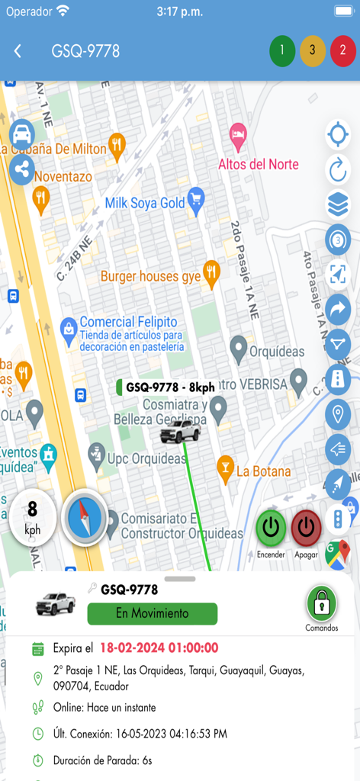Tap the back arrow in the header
pos(18,51)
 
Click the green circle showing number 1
pos(282,51)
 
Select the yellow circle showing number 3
pos(313,51)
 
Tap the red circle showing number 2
pos(343,51)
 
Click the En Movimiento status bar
pos(153,613)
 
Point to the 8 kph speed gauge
pos(33,516)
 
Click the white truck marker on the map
pos(180,432)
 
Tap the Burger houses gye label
pos(151,275)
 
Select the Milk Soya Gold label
pos(145,203)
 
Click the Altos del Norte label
pos(259,164)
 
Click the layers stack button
pos(337,204)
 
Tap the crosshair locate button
pos(337,135)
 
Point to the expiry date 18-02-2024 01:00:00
pos(159,648)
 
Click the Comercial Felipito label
pos(128,322)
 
